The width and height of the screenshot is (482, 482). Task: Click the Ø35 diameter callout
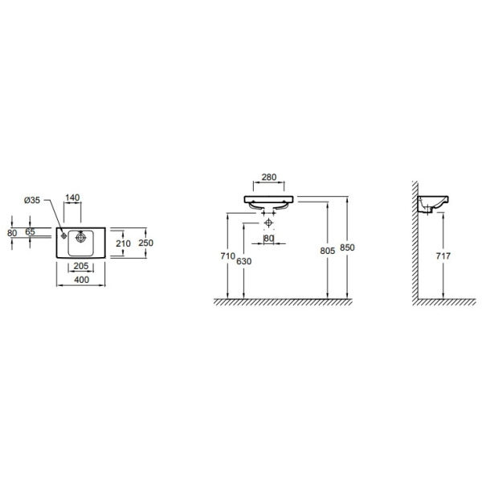(32, 200)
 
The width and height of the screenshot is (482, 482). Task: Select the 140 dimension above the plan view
(72, 198)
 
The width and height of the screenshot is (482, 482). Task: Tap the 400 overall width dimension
(81, 280)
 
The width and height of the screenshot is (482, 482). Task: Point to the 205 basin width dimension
(81, 266)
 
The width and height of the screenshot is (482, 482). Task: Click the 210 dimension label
(123, 243)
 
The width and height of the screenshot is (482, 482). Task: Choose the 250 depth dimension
(145, 243)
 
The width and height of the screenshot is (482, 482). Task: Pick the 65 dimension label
(31, 232)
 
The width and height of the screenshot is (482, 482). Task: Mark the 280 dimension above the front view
(269, 177)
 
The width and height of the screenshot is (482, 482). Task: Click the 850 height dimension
(347, 247)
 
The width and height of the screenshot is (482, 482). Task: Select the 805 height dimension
(328, 251)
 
